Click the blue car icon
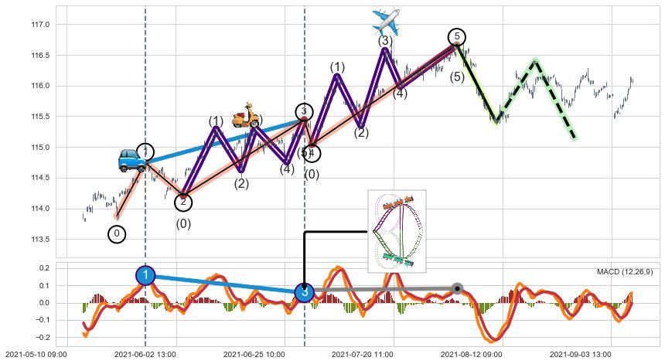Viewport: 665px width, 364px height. tap(131, 160)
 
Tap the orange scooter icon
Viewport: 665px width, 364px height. tap(246, 115)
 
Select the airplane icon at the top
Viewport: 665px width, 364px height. tap(386, 22)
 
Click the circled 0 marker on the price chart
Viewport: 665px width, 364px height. tap(117, 233)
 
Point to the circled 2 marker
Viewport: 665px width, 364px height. tap(183, 202)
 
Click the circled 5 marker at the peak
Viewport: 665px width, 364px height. tap(457, 37)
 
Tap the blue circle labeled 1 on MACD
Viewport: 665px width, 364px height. tap(145, 275)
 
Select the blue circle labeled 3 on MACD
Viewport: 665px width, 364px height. tap(305, 293)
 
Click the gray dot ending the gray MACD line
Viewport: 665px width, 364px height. tap(457, 288)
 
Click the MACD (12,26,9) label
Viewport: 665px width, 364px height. tap(625, 272)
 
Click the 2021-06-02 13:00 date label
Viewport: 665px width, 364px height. tap(145, 354)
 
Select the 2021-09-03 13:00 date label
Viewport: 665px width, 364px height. tap(581, 354)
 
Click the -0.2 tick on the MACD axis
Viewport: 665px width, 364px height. tap(42, 338)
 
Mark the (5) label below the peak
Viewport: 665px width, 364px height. tap(457, 77)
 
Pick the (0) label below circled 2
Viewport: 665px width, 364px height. tap(183, 224)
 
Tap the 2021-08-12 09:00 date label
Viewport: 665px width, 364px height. tap(472, 354)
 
